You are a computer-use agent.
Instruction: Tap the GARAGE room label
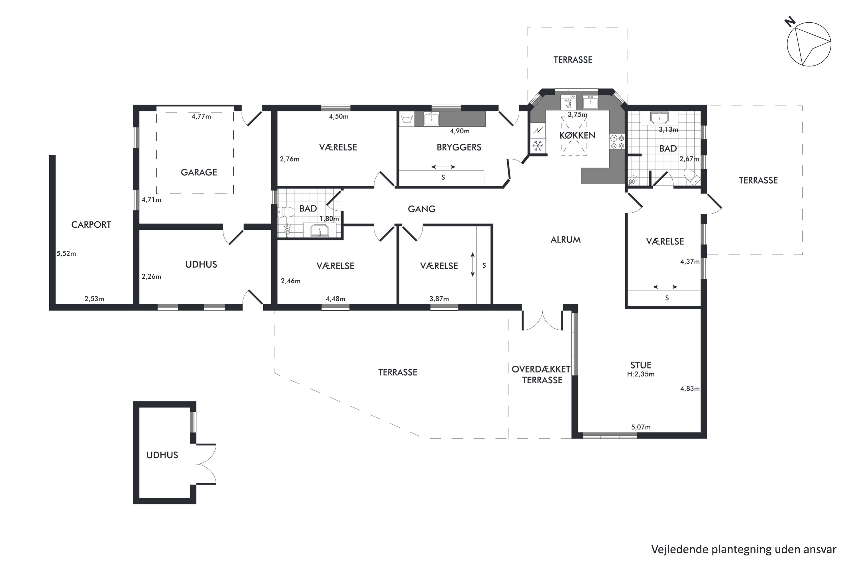199,172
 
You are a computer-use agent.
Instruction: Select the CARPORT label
91,225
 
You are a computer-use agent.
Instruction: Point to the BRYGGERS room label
459,147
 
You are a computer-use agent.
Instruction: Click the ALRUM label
566,240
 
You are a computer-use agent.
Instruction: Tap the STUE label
641,365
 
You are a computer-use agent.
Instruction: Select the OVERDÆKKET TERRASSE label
541,375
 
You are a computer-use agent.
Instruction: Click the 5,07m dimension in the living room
641,427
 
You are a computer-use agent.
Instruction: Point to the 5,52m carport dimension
66,254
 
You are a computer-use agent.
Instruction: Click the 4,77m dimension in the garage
201,117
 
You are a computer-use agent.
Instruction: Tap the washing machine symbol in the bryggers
406,119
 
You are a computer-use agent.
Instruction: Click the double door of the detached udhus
206,464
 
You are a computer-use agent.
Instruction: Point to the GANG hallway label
422,209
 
